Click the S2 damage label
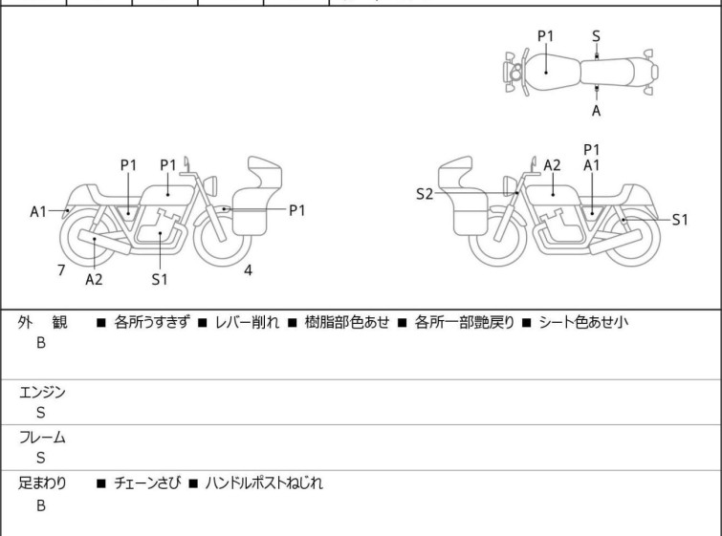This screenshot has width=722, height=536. coord(425,194)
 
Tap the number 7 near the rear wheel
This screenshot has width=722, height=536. coord(61,270)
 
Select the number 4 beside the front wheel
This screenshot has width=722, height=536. coord(248,269)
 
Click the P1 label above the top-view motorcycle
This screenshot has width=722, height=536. coord(545,35)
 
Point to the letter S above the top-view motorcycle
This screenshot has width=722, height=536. coord(596,35)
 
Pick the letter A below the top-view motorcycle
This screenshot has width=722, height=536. coord(596,111)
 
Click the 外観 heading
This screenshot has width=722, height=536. coord(43,323)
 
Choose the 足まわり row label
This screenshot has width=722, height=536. coord(43,483)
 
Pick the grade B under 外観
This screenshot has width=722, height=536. coord(40,343)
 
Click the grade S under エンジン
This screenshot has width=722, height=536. coord(40,413)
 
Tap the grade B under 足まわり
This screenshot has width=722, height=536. coord(40,505)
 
